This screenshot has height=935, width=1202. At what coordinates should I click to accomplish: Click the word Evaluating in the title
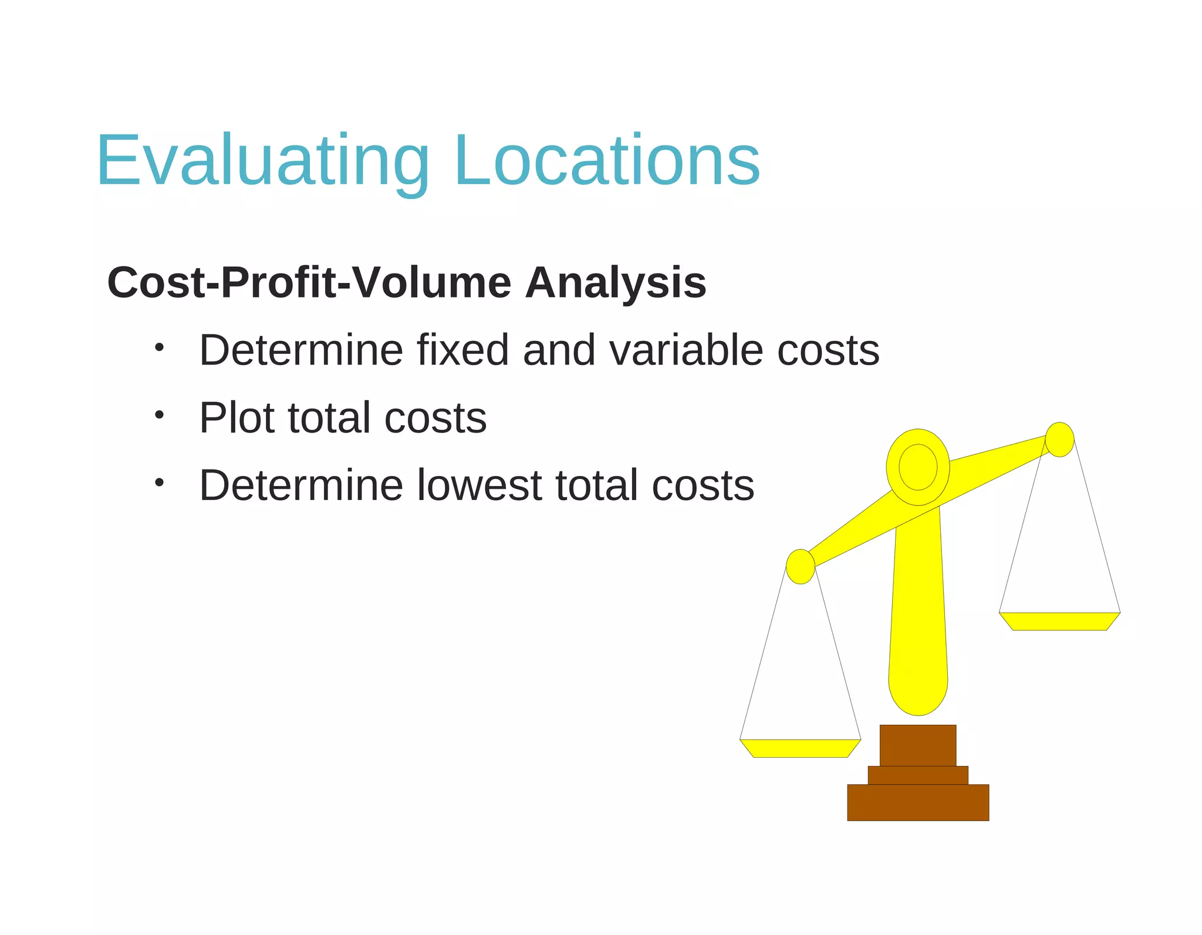[263, 160]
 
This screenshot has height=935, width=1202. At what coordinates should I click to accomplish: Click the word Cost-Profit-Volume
[309, 283]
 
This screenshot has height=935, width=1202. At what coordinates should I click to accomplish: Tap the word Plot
[236, 418]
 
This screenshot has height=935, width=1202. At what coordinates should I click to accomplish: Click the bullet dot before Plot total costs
[158, 415]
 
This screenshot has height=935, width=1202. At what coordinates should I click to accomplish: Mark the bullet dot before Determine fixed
[158, 347]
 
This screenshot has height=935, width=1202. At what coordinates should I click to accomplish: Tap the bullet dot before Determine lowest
[158, 482]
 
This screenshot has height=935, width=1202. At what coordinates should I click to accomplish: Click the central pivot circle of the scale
[918, 467]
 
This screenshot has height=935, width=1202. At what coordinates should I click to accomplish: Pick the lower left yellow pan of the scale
[800, 748]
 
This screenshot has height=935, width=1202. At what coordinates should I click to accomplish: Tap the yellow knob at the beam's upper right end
[1060, 439]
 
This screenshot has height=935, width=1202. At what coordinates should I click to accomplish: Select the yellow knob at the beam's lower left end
[800, 566]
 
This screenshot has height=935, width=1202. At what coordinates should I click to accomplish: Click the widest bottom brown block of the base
[918, 802]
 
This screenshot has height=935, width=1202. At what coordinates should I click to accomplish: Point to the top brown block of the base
[918, 745]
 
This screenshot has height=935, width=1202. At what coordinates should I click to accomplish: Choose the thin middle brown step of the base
[918, 775]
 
